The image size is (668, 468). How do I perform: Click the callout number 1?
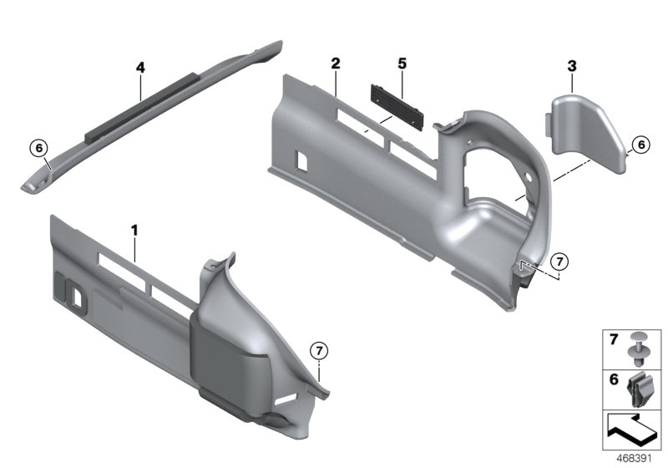tap(134, 228)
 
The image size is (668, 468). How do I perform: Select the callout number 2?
tap(335, 64)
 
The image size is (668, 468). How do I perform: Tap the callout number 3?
tap(570, 64)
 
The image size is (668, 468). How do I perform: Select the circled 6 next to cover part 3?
tap(640, 144)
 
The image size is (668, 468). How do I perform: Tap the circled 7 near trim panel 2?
tap(560, 262)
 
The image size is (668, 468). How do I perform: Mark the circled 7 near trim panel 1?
tap(318, 350)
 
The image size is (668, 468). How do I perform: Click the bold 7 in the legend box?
tap(612, 340)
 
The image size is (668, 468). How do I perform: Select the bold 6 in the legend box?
tap(612, 379)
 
